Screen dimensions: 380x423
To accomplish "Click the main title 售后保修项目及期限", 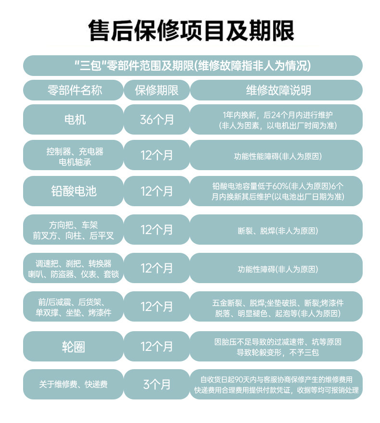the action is tap(191, 30).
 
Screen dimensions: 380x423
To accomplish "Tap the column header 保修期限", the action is tap(157, 90).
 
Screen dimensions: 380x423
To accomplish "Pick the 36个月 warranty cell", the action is tap(157, 119).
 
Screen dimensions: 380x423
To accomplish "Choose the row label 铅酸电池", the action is tap(73, 191).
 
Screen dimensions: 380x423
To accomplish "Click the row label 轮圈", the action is tap(73, 346).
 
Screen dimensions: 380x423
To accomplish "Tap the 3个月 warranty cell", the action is tap(157, 384).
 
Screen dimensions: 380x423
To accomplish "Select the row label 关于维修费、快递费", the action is tap(73, 384).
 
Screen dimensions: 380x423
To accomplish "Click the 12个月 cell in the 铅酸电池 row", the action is tap(157, 191).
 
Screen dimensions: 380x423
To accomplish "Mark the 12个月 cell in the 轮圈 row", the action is tap(157, 346).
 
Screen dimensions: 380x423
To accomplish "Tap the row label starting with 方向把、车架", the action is tap(73, 230).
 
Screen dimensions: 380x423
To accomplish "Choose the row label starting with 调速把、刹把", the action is tap(73, 269).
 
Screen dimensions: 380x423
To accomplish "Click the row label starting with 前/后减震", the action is tap(73, 307).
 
